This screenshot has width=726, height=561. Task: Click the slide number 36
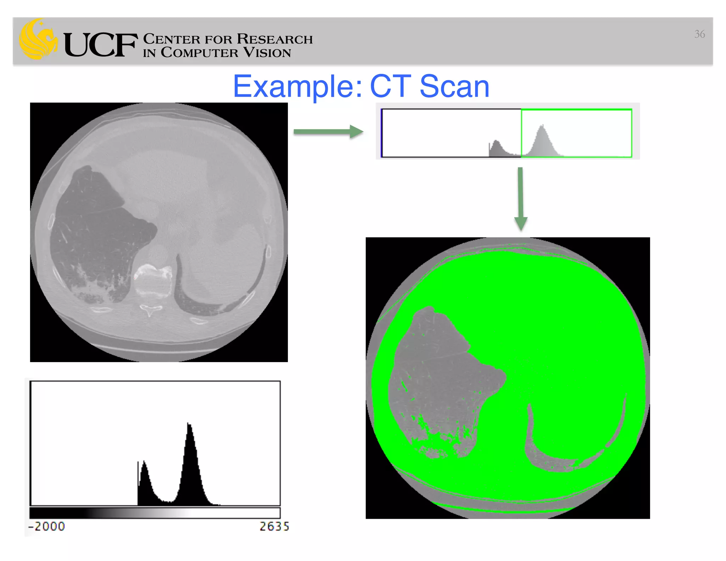699,34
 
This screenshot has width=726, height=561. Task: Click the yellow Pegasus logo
38,40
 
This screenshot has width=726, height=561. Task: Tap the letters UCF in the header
100,45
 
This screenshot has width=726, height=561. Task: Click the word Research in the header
275,39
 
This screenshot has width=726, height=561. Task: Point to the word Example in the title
297,87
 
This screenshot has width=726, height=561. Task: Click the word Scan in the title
454,87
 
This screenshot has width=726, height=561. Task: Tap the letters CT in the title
390,87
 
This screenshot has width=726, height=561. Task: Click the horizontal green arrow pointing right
328,132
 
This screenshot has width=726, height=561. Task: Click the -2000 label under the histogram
47,526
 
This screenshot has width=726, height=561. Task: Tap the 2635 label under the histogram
274,526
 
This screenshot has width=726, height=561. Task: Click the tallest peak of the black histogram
189,426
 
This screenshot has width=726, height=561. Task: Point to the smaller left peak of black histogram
144,463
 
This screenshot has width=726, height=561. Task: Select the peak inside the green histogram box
542,128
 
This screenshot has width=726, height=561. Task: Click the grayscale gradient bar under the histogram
155,513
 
